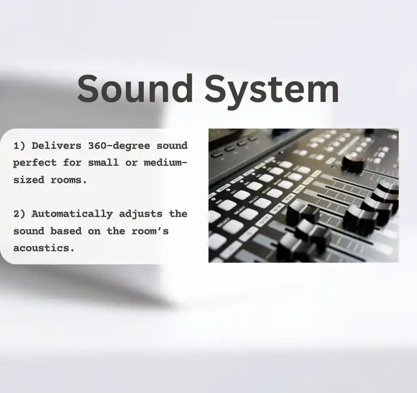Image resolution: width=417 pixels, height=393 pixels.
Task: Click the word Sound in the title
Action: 135,88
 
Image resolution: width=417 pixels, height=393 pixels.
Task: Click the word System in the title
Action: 272,91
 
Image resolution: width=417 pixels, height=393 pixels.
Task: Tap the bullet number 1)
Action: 20,146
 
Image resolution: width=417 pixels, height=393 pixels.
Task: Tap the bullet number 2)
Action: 20,214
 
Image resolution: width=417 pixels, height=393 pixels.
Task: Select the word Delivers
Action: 57,146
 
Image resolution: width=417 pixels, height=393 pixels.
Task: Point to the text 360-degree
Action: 119,146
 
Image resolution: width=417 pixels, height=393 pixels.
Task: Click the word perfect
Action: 35,163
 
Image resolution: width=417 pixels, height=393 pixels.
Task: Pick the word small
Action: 104,163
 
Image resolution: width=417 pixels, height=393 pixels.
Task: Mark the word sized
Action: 29,180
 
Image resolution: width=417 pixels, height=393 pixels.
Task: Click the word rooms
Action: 69,180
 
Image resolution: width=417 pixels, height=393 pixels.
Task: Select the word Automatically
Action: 72,214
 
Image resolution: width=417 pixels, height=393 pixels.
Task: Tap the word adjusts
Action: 141,214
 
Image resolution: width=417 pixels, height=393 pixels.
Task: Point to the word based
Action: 66,230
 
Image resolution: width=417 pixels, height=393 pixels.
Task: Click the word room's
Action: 151,230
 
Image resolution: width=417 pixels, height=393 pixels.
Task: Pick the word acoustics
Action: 44,248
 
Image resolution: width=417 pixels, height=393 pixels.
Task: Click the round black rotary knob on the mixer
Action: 352,163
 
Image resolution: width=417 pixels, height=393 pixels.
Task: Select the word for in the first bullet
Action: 72,163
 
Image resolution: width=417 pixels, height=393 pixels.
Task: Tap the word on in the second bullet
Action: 94,231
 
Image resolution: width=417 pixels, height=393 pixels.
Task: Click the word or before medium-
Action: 132,163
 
